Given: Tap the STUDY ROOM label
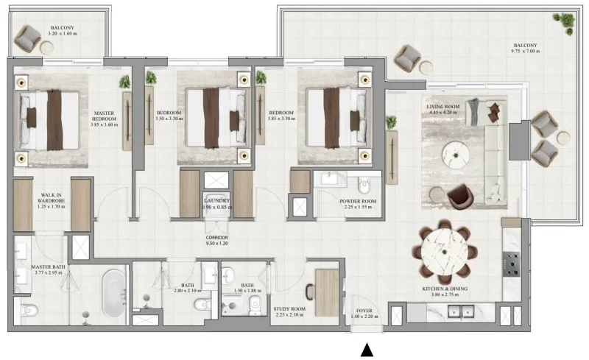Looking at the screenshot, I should coord(289,312).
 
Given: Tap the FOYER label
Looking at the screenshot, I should coord(366,313).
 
